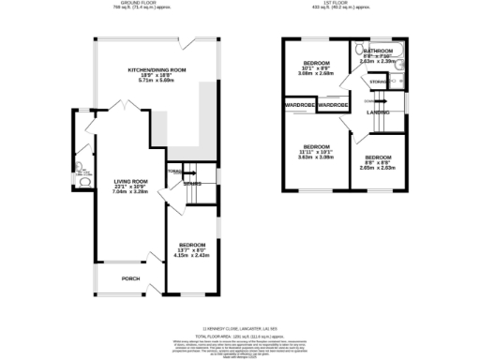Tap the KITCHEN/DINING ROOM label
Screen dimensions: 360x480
click(x=157, y=70)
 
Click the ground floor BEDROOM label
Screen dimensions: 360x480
click(x=192, y=245)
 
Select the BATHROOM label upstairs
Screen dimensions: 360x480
click(x=379, y=50)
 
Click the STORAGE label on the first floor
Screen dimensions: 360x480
click(x=378, y=82)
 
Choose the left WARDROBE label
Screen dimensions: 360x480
click(x=301, y=106)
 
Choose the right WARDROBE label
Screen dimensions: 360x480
click(x=333, y=106)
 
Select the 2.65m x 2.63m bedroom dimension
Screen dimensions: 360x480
click(x=378, y=168)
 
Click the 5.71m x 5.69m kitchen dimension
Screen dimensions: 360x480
click(x=157, y=82)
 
